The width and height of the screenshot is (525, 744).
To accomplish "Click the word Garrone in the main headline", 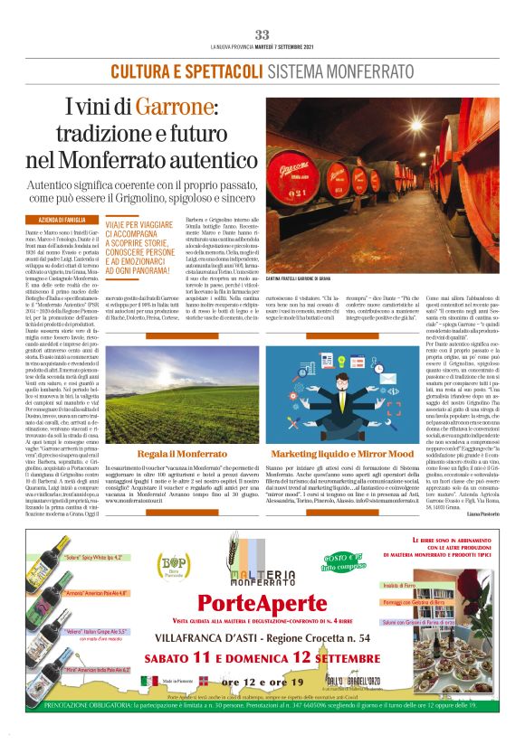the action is [167, 109].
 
